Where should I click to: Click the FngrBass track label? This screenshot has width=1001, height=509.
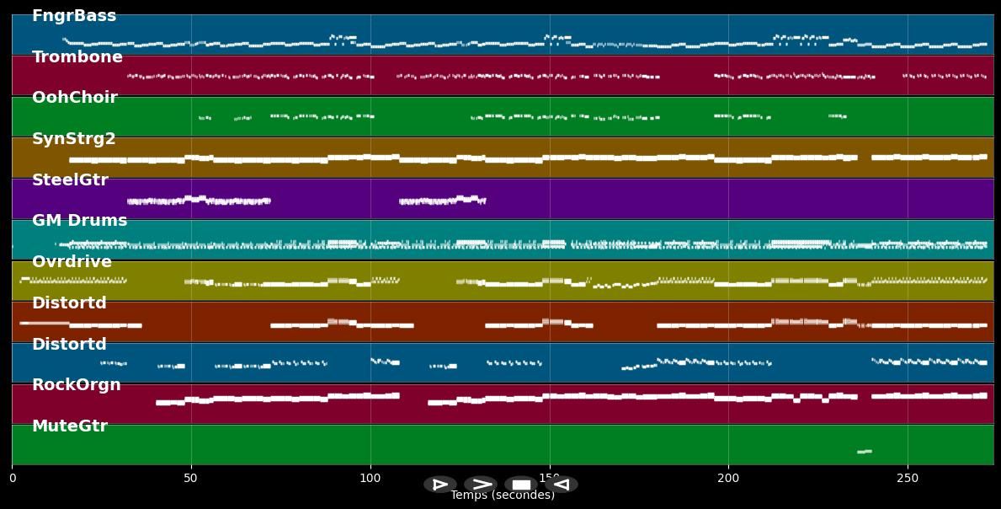click(74, 16)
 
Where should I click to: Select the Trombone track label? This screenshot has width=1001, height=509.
click(77, 57)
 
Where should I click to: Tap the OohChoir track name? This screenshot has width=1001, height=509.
click(75, 98)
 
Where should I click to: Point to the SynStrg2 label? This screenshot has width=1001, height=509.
click(74, 139)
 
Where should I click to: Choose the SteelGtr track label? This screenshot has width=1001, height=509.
click(70, 180)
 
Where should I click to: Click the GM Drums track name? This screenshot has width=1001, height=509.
click(80, 221)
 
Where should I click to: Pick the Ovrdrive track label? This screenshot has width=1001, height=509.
click(72, 262)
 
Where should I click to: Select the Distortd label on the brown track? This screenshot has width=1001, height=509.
click(69, 303)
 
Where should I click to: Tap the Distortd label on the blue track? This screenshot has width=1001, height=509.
click(69, 345)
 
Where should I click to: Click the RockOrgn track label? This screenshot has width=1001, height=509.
click(77, 385)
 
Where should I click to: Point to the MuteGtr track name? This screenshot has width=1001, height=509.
click(70, 426)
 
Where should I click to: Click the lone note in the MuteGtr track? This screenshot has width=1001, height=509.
click(864, 452)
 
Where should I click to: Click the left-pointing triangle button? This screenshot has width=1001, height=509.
click(562, 485)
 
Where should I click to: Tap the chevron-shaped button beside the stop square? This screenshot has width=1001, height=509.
click(481, 485)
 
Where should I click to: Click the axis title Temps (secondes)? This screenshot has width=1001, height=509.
click(503, 496)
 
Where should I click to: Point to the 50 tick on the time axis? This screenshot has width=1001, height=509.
click(191, 479)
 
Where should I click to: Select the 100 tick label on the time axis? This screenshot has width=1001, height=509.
click(370, 479)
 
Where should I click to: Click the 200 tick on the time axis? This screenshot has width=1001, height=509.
click(728, 479)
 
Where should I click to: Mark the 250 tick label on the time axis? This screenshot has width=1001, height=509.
click(908, 479)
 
